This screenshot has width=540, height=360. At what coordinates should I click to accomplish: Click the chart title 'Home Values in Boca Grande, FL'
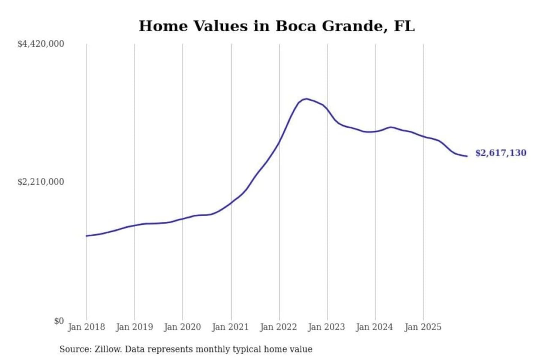tap(277, 26)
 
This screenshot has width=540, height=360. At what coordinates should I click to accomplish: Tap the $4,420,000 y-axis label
tap(41, 44)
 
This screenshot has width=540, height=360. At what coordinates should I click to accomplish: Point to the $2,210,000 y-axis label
tap(41, 182)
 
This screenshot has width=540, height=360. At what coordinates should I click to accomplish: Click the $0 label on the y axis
tap(59, 321)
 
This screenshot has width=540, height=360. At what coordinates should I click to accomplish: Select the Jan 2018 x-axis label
tap(86, 327)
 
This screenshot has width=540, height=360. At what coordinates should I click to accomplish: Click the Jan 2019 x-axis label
tap(135, 327)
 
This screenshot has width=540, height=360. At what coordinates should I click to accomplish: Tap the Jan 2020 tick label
tap(183, 327)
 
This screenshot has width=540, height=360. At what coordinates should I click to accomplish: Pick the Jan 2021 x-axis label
tap(231, 327)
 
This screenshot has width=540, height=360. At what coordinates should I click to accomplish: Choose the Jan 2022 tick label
tap(279, 327)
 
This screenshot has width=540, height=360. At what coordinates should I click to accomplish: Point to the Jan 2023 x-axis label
tap(327, 327)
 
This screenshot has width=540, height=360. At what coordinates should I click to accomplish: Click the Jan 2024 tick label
tap(375, 327)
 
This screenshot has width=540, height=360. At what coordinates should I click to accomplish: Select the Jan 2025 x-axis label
tap(423, 327)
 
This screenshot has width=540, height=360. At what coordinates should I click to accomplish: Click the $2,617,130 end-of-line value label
tap(501, 153)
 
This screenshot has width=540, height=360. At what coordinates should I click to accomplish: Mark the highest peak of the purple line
tap(306, 99)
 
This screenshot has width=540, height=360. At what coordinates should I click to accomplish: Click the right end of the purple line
tap(467, 156)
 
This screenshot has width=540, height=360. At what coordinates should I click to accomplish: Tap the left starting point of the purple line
tap(87, 236)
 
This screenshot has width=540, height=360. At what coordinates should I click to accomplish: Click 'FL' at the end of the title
tap(404, 26)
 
